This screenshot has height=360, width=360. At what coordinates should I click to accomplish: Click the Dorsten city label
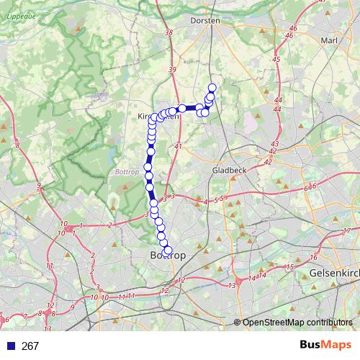click(204, 21)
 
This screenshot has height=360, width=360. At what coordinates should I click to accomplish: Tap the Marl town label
click(330, 41)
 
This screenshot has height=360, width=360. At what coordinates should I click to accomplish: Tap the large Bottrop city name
click(168, 256)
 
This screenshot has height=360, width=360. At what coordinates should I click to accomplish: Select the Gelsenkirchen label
click(335, 274)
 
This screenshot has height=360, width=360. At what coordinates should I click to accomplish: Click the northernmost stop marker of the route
click(212, 88)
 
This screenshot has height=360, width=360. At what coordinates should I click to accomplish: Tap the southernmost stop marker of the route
click(168, 250)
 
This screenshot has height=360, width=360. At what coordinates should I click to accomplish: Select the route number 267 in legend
click(30, 346)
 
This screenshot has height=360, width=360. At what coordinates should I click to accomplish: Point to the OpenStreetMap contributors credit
click(297, 323)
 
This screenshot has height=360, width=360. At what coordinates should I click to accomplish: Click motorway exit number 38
click(168, 33)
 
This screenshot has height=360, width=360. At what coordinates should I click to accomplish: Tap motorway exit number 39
click(172, 70)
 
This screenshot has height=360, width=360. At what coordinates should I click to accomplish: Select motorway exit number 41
click(178, 146)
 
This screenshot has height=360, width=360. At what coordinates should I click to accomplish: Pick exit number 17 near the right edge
click(347, 230)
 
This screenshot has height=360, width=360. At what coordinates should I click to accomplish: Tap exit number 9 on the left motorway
click(39, 186)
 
